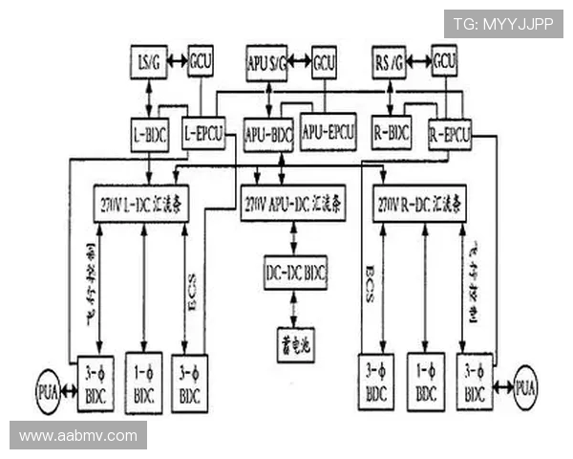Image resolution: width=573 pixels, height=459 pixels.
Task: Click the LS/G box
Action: point(148,62)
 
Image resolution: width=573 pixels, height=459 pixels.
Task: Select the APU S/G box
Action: point(265,62)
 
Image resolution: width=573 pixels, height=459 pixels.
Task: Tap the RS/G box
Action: point(389,63)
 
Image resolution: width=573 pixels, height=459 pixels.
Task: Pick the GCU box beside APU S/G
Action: point(324,62)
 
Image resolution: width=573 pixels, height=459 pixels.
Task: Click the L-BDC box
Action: point(149,134)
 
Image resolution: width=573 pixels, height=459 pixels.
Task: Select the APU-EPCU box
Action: point(328,130)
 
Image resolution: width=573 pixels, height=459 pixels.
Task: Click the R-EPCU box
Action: point(449,133)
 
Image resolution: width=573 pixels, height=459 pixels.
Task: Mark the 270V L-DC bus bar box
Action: point(140,204)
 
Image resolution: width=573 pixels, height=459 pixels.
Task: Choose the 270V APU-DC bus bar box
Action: point(292,204)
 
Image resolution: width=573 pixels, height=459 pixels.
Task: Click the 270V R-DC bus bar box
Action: point(419,204)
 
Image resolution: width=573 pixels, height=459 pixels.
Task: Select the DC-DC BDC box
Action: point(295,273)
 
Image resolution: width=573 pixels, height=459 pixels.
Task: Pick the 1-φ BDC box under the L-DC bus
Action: point(143,383)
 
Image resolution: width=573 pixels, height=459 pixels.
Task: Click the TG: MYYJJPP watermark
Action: point(502,24)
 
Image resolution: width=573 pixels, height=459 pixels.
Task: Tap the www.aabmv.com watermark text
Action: point(78,436)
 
